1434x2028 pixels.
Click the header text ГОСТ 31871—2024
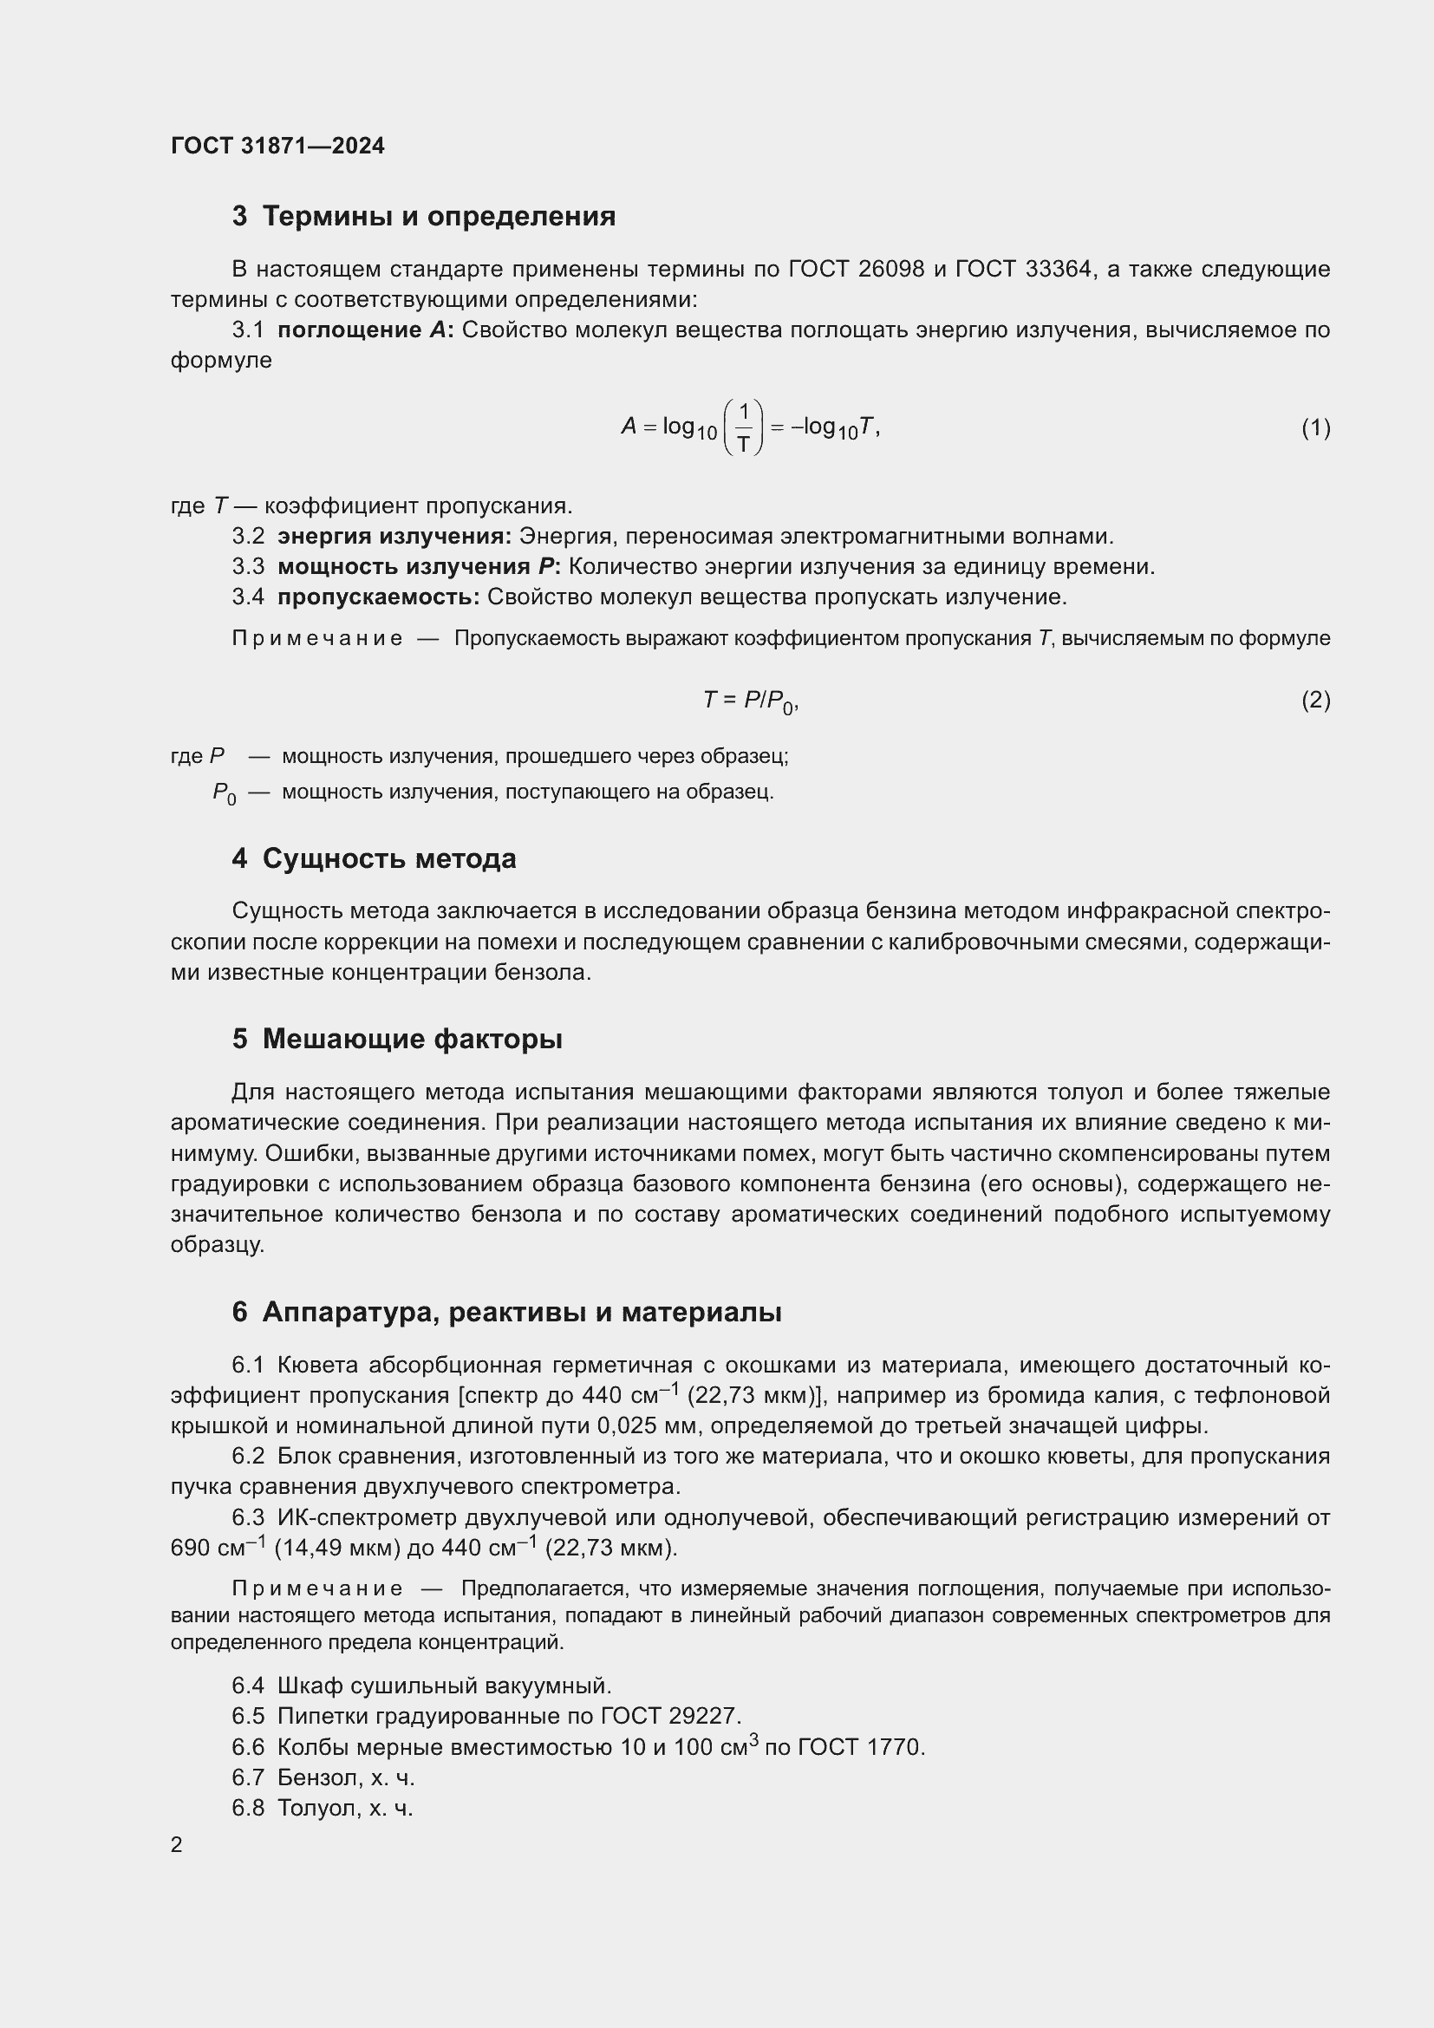[277, 146]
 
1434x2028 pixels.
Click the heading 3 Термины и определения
[424, 217]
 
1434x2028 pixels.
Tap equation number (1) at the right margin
[1315, 428]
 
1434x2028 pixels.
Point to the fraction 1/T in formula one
[744, 427]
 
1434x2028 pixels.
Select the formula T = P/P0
[751, 701]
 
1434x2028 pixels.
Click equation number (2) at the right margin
[1315, 701]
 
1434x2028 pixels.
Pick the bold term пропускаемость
[378, 597]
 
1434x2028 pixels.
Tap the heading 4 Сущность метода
[375, 858]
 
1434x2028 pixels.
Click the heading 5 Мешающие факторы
[397, 1039]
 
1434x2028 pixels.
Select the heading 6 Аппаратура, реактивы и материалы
[507, 1313]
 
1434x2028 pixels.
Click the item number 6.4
[248, 1686]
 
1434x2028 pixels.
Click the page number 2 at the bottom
[177, 1845]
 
